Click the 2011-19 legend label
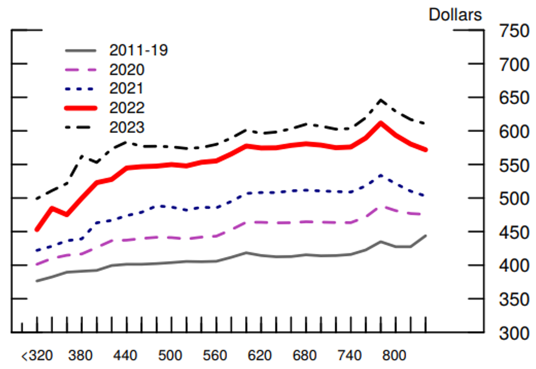pyautogui.click(x=138, y=50)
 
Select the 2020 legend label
pyautogui.click(x=127, y=70)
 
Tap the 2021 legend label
pyautogui.click(x=126, y=89)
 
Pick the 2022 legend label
pyautogui.click(x=127, y=108)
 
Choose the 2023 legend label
pyautogui.click(x=127, y=128)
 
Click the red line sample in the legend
pyautogui.click(x=81, y=108)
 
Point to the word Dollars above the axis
pyautogui.click(x=455, y=15)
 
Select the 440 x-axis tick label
pyautogui.click(x=126, y=356)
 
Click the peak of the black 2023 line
pyautogui.click(x=381, y=101)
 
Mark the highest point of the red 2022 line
pyautogui.click(x=381, y=123)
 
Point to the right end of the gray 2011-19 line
pyautogui.click(x=426, y=236)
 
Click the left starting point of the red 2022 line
pyautogui.click(x=37, y=230)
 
